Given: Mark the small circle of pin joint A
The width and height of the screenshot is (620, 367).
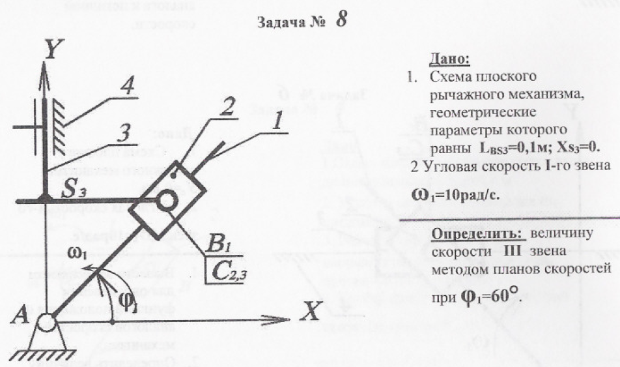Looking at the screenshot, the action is pos(46,320).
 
